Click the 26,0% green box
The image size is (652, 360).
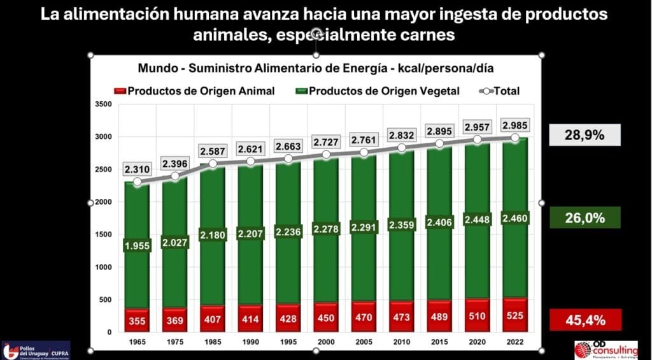pyautogui.click(x=585, y=218)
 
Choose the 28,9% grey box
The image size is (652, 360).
pyautogui.click(x=585, y=134)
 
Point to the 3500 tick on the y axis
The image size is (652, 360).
pyautogui.click(x=103, y=104)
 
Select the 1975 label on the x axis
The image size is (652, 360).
pyautogui.click(x=174, y=342)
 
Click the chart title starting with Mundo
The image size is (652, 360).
pyautogui.click(x=316, y=68)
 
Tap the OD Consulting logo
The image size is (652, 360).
pyautogui.click(x=606, y=349)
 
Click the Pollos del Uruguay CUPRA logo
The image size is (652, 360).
pyautogui.click(x=36, y=350)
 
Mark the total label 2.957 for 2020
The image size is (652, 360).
pyautogui.click(x=476, y=125)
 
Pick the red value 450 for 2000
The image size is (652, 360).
pyautogui.click(x=326, y=318)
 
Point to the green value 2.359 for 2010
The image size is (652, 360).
pyautogui.click(x=400, y=224)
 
